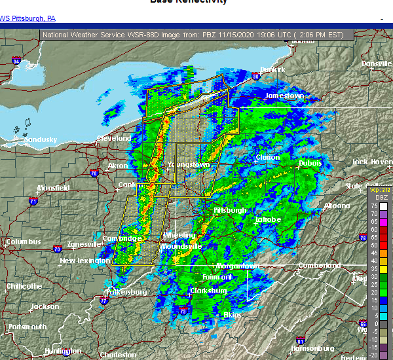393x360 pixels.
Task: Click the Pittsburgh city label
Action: (230, 211)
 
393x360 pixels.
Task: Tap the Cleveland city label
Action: (114, 139)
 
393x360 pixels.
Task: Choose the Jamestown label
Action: (284, 96)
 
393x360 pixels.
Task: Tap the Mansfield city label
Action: (53, 188)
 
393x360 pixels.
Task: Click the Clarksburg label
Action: (208, 291)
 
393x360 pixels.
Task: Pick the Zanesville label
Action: (83, 244)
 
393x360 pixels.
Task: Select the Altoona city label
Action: (337, 206)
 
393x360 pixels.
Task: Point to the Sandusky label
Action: (40, 139)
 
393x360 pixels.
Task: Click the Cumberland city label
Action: (320, 266)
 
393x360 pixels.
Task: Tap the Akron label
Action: (118, 166)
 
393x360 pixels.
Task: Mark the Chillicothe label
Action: (24, 286)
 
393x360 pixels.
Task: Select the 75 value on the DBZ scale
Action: (373, 205)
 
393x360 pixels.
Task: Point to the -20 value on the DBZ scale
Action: (373, 355)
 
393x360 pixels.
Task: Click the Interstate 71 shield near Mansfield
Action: (33, 201)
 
